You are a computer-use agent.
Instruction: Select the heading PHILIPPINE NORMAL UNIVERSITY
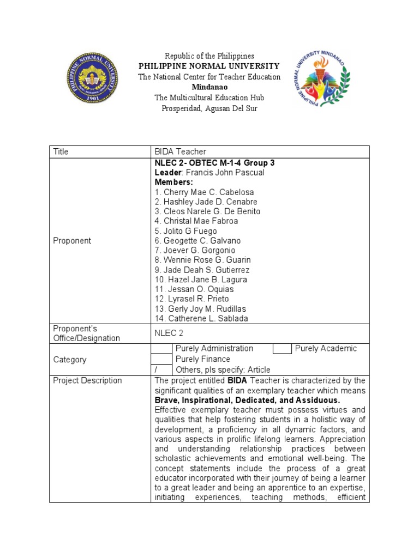coord(209,66)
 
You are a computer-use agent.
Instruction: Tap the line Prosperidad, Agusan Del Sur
coord(209,108)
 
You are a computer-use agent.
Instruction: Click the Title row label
coord(61,151)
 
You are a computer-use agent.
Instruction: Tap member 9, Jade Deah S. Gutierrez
coord(202,270)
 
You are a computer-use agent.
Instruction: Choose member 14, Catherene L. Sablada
coord(205,319)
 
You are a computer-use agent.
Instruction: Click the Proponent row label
coord(72,240)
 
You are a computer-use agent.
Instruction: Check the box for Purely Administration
coord(161,349)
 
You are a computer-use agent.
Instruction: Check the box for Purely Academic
coord(282,349)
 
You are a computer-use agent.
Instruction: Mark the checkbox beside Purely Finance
coord(161,359)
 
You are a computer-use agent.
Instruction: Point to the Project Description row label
coord(87,380)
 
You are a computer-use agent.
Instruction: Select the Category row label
coord(69,360)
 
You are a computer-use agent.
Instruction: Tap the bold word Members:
coord(173,182)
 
